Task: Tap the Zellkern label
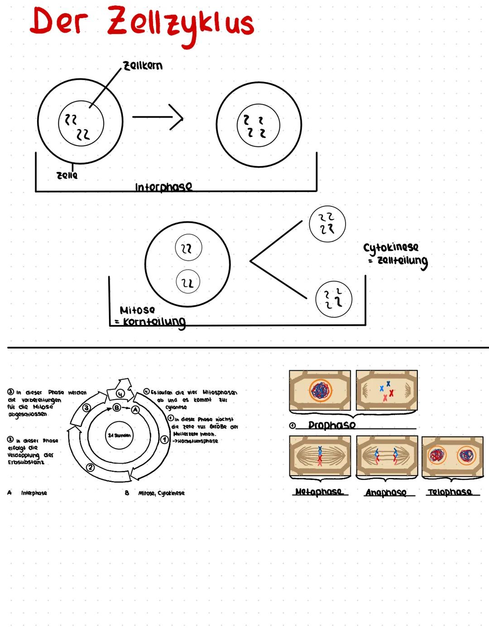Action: tap(143, 66)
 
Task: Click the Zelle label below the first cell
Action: tap(67, 175)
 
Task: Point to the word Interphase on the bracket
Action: tap(163, 186)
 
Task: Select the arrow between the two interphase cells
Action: tap(158, 118)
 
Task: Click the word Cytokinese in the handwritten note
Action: tap(391, 247)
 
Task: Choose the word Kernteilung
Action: tap(154, 322)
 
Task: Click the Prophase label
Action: tap(331, 425)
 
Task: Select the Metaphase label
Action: tap(319, 492)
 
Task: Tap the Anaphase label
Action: tap(386, 492)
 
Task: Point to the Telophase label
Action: tap(450, 492)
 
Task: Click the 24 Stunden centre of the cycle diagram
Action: tap(119, 435)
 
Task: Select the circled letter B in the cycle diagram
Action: tap(116, 408)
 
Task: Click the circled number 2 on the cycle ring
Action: tap(91, 467)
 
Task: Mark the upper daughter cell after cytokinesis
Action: tap(327, 224)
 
